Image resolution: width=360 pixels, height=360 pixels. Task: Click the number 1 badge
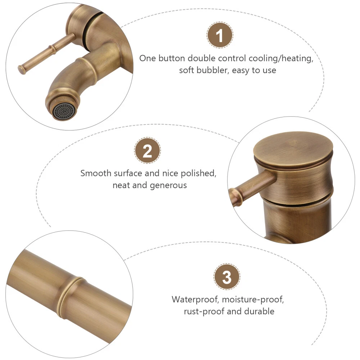pos(220,35)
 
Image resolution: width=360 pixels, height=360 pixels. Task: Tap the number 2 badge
pos(147,150)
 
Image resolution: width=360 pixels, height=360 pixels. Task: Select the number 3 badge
pos(227,276)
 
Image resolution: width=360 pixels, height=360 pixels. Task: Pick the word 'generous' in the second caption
pos(168,185)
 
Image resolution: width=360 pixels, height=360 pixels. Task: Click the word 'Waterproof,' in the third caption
pos(195,300)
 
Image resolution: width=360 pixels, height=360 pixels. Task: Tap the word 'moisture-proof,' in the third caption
pos(253,300)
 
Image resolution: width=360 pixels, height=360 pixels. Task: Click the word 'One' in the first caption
pos(148,58)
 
